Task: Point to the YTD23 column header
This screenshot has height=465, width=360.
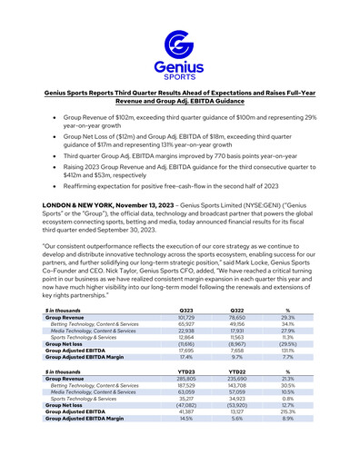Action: [186, 397]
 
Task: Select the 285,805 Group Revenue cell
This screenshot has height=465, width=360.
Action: [186, 403]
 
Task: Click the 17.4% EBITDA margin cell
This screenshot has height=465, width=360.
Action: [186, 381]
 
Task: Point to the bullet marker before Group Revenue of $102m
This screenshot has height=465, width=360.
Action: [60, 118]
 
